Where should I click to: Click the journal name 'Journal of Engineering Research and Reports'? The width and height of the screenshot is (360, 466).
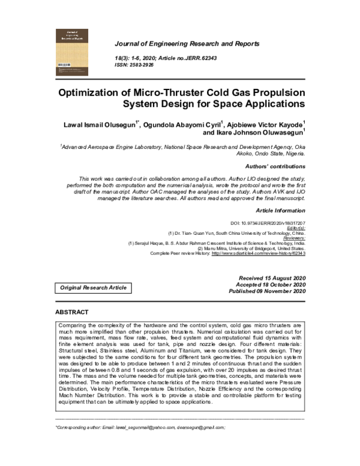[187, 44]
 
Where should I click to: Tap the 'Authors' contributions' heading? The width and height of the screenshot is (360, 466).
[275, 166]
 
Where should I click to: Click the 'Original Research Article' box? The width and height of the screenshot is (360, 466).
[93, 288]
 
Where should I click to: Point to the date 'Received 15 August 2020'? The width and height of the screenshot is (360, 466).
[272, 277]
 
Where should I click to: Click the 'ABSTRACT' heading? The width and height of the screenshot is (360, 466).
[71, 312]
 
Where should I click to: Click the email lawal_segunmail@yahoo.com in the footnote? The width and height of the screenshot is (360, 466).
[146, 427]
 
